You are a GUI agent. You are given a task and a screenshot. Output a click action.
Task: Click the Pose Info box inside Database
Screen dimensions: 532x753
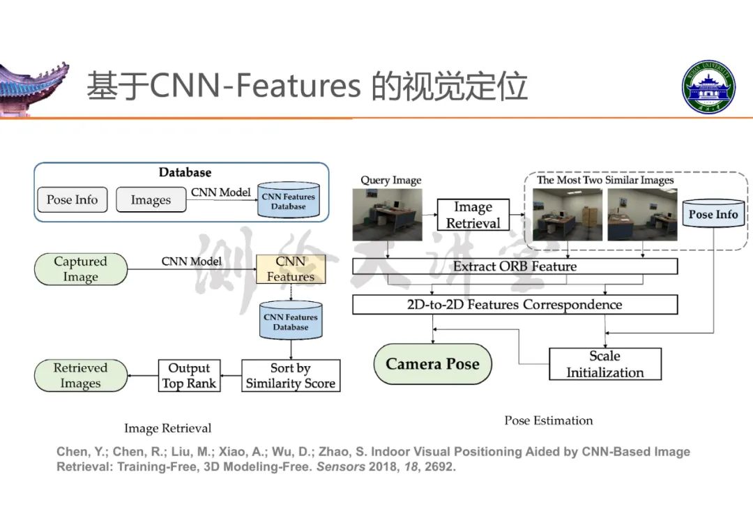[72, 200]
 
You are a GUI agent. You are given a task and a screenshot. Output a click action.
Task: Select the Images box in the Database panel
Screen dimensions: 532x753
[151, 201]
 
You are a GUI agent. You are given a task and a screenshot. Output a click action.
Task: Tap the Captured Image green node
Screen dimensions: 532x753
[80, 269]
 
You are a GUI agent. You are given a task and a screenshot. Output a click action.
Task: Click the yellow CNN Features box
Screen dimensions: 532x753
[291, 269]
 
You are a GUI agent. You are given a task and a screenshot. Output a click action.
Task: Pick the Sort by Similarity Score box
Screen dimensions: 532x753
[291, 375]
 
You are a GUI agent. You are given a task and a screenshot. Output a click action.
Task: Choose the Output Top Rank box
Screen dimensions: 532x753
[189, 375]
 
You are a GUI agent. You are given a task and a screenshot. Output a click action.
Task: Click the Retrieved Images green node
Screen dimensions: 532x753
[80, 375]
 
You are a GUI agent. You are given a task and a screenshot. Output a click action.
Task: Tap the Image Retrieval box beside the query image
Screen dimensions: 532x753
[473, 215]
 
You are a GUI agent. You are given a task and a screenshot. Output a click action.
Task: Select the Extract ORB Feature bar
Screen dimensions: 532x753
[515, 266]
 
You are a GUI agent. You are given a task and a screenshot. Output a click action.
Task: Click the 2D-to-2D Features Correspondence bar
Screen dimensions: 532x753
[515, 305]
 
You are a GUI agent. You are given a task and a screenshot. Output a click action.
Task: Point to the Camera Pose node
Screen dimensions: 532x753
[432, 364]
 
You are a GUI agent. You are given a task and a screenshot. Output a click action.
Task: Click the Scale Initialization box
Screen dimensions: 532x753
[604, 364]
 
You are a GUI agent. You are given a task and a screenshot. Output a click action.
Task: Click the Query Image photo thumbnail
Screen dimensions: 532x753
[388, 215]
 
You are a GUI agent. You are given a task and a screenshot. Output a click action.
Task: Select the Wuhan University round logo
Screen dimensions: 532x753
[708, 87]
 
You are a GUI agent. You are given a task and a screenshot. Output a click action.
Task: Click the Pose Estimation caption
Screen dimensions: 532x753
[549, 420]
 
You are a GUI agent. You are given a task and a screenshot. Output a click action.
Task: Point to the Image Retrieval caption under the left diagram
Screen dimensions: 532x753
[167, 428]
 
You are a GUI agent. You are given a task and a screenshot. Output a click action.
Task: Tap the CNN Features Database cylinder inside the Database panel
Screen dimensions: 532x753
[288, 201]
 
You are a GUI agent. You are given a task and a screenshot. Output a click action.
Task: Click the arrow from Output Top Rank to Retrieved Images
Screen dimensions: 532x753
[143, 376]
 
